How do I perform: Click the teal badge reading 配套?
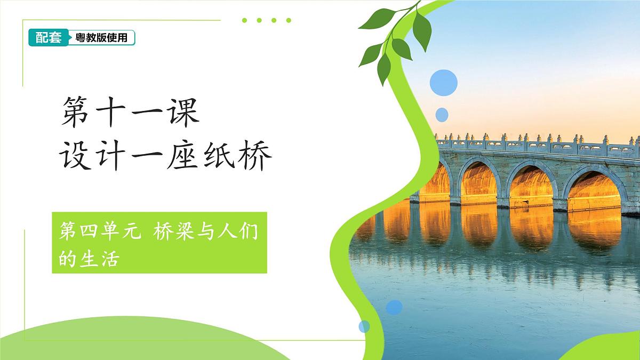pyautogui.click(x=48, y=37)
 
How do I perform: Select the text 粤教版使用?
pyautogui.click(x=101, y=38)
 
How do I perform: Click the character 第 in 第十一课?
pyautogui.click(x=75, y=113)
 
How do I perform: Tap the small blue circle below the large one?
pyautogui.click(x=442, y=115)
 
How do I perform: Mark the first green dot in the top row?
pyautogui.click(x=244, y=20)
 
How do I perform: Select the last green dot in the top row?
pyautogui.click(x=289, y=20)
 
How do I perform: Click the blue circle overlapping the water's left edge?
pyautogui.click(x=394, y=307)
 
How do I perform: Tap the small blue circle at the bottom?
pyautogui.click(x=364, y=326)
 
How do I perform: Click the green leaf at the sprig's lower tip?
pyautogui.click(x=383, y=69)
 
